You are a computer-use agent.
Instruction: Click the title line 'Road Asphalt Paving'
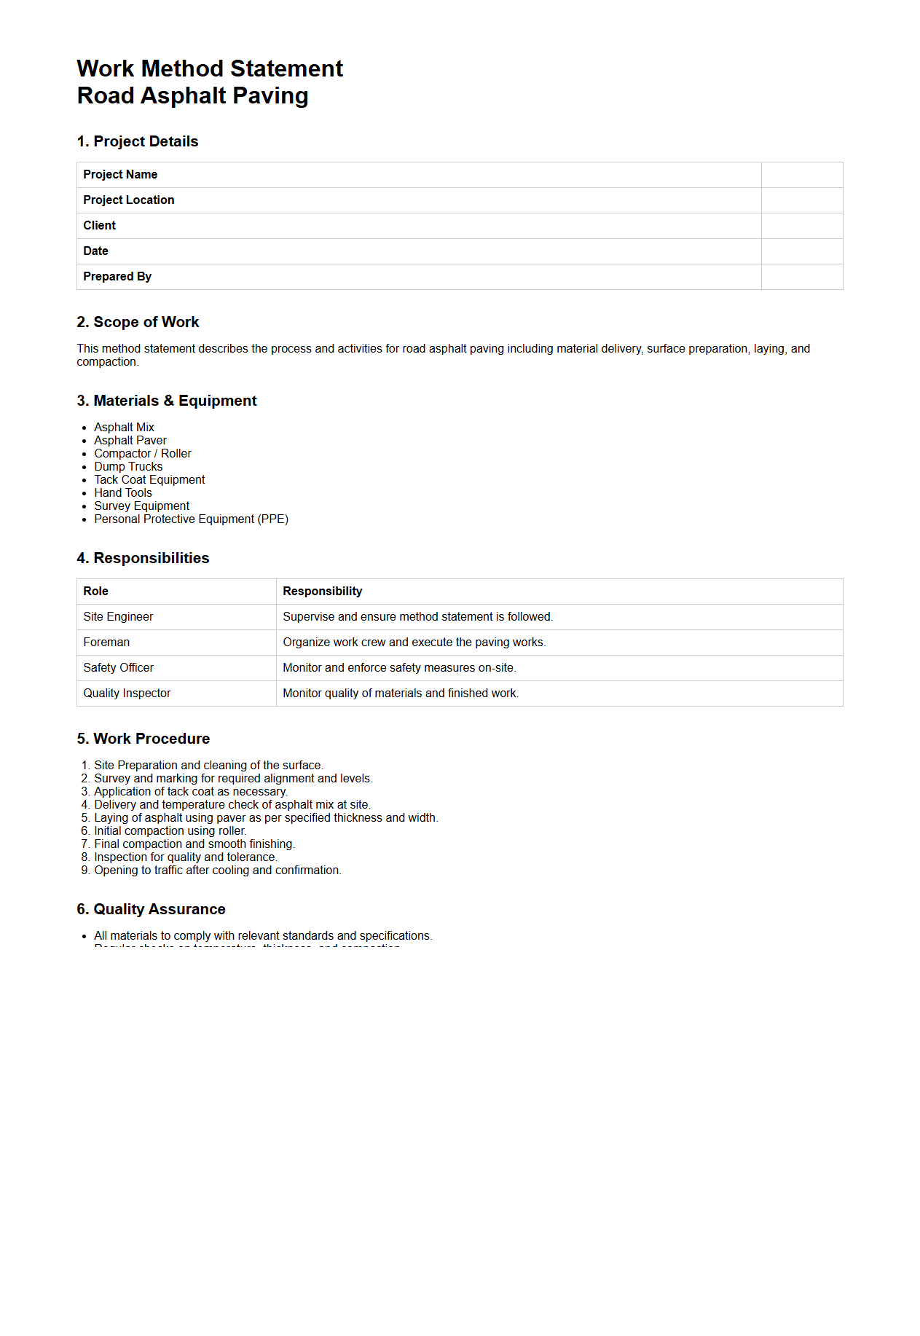(192, 95)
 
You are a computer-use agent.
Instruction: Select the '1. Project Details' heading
(137, 141)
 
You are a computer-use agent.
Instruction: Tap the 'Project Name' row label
(120, 175)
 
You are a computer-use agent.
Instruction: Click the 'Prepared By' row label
(117, 277)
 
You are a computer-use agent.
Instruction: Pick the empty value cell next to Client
(801, 226)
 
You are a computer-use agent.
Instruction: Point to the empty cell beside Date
(801, 251)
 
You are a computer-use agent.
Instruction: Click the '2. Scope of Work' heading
(138, 322)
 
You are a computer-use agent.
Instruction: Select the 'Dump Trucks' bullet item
(128, 467)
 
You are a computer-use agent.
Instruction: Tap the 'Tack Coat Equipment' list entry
(149, 480)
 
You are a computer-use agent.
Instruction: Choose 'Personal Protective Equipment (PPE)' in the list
(191, 519)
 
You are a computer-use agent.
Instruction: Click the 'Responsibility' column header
(322, 592)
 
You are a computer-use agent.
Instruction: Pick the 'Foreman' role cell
(106, 643)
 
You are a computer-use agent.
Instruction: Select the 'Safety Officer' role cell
(118, 668)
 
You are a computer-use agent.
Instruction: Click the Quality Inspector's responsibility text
(400, 693)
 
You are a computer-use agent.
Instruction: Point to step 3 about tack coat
(190, 792)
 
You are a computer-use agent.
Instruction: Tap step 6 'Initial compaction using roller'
(170, 831)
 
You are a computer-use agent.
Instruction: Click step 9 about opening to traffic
(217, 871)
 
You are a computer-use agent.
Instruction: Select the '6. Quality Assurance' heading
(151, 909)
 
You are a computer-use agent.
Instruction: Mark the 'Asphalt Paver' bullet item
(130, 441)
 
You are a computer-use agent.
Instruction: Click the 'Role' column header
(95, 592)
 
